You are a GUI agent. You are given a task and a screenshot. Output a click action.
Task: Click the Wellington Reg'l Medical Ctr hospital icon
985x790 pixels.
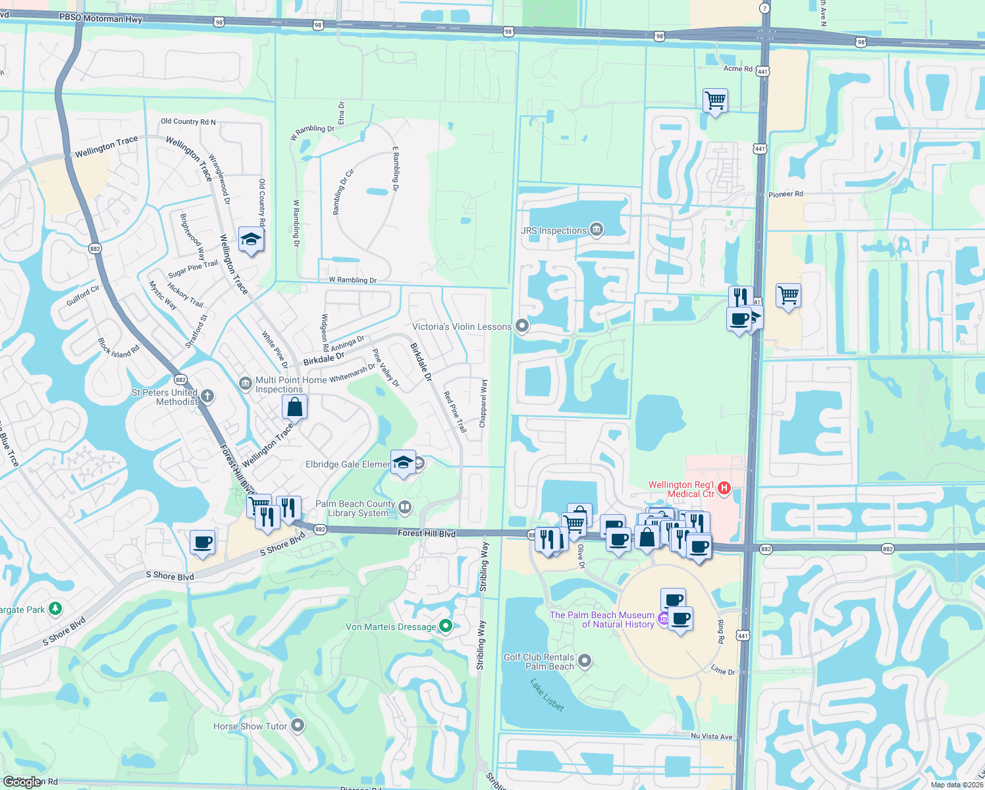(724, 488)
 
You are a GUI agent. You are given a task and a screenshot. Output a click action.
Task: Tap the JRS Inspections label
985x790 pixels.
(553, 230)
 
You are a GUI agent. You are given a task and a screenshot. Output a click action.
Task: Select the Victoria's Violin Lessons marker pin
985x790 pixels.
(522, 326)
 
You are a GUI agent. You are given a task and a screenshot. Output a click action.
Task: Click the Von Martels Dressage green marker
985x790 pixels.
(446, 626)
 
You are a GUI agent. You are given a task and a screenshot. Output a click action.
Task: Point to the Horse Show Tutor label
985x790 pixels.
(250, 726)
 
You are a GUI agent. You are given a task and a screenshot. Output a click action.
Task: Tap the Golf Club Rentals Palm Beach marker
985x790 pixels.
(585, 660)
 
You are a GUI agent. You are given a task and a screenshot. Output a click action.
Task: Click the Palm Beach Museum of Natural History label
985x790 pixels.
(602, 619)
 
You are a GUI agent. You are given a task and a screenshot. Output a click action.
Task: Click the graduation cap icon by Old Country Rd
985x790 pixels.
(251, 240)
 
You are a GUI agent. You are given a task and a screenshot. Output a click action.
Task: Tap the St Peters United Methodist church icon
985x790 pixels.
(207, 396)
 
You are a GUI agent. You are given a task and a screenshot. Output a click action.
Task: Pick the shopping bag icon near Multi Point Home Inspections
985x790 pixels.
(294, 407)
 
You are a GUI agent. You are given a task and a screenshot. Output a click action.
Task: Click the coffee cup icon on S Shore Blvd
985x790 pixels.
(203, 542)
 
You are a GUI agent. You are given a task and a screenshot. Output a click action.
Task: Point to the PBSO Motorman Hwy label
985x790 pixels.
(101, 18)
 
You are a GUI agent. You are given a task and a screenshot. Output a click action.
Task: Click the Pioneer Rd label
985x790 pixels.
(785, 194)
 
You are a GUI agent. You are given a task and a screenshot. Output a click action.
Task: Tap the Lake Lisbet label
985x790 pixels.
(547, 695)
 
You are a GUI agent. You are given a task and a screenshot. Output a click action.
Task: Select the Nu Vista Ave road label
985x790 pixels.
(711, 737)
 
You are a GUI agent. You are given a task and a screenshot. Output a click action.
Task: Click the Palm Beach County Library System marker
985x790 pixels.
(406, 507)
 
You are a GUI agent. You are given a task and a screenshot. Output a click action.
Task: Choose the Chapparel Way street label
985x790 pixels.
(484, 404)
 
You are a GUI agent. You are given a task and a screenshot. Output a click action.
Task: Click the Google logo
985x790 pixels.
(22, 781)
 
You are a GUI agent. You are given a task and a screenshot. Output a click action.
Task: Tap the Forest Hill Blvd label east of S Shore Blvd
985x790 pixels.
(426, 533)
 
